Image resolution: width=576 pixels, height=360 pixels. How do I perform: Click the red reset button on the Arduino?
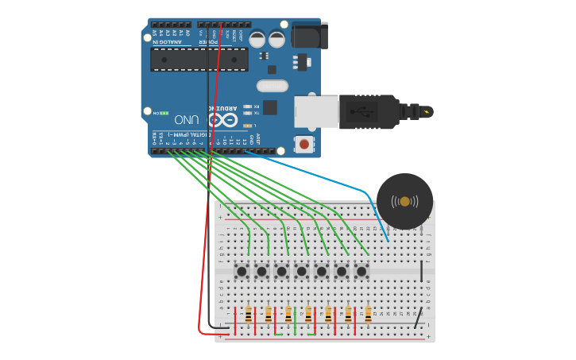click(303, 144)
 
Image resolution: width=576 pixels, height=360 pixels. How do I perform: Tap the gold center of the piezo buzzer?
click(405, 201)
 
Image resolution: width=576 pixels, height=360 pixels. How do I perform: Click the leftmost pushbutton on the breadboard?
click(242, 271)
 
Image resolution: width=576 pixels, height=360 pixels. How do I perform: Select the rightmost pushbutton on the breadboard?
click(361, 271)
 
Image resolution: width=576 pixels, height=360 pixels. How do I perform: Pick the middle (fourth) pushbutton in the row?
click(301, 271)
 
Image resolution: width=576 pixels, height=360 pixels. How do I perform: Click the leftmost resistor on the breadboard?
click(248, 315)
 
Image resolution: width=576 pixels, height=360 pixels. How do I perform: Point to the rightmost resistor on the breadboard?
click(368, 315)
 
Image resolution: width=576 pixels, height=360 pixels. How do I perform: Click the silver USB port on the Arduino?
click(315, 111)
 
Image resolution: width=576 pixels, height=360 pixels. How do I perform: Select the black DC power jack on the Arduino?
click(309, 36)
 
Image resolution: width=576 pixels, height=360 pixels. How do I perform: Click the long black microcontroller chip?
click(199, 59)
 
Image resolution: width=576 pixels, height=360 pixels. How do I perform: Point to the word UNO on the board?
click(186, 119)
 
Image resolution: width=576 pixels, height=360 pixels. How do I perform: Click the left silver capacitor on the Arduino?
click(257, 39)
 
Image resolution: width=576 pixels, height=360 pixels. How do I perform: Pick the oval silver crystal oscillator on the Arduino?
click(272, 86)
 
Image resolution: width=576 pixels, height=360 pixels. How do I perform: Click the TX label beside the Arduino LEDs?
click(256, 114)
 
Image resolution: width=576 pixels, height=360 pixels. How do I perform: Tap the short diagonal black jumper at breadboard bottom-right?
click(417, 319)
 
